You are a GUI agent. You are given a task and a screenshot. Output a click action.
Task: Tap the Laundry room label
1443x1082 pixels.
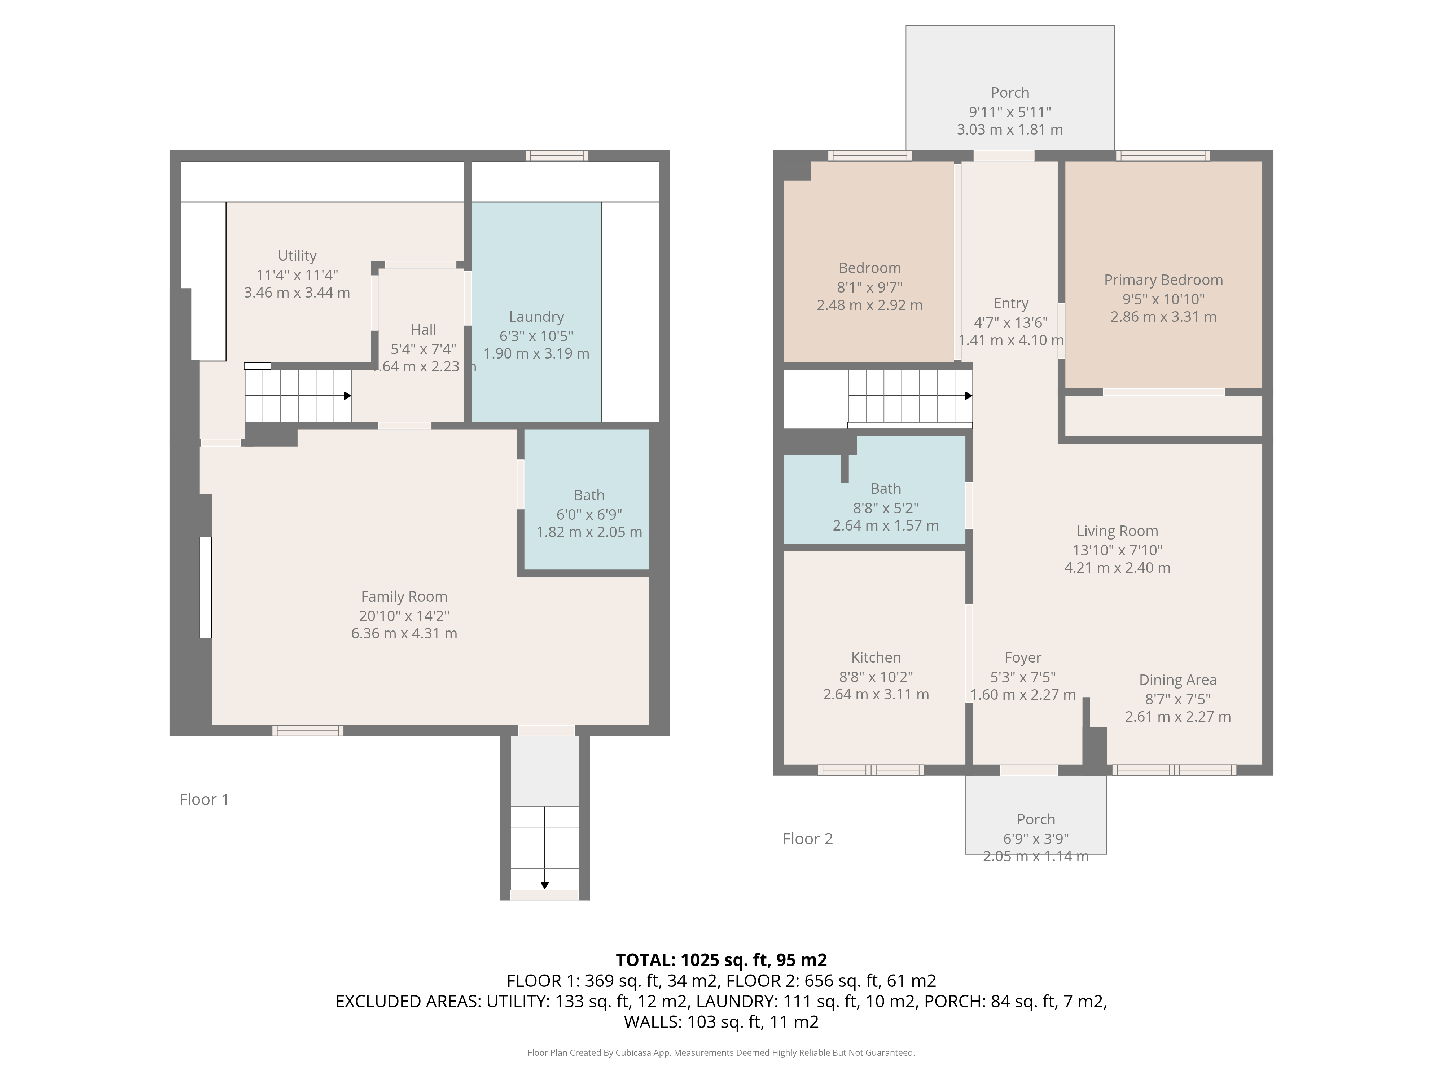pos(536,317)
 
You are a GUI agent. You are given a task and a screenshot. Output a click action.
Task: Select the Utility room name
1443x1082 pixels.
pos(297,256)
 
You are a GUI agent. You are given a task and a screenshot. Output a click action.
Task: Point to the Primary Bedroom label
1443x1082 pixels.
pos(1163,280)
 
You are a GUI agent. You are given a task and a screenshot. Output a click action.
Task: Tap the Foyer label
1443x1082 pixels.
pos(1022,657)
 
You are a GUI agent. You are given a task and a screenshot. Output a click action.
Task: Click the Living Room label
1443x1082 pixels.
pos(1117,531)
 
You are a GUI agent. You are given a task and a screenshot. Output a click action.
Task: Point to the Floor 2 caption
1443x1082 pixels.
pos(808,839)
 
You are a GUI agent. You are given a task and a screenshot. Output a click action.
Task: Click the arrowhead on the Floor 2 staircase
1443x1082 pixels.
pos(969,396)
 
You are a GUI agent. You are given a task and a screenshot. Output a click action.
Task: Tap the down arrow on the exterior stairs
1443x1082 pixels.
pos(545,885)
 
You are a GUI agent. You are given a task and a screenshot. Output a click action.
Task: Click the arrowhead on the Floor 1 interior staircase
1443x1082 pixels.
pos(348,396)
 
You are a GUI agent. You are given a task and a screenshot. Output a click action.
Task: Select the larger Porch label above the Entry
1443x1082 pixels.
pos(1010,93)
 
